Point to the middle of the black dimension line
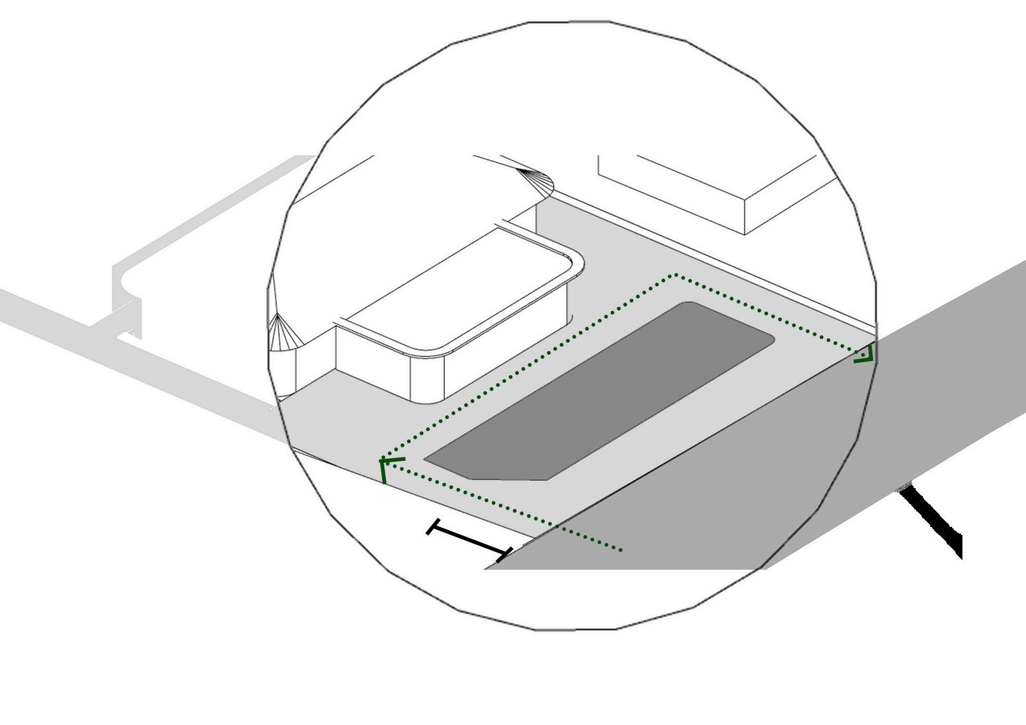point(468,539)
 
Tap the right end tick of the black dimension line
point(503,554)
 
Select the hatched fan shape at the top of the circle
point(536,183)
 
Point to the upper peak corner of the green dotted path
point(675,276)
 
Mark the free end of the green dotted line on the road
point(621,550)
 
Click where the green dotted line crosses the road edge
point(557,525)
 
